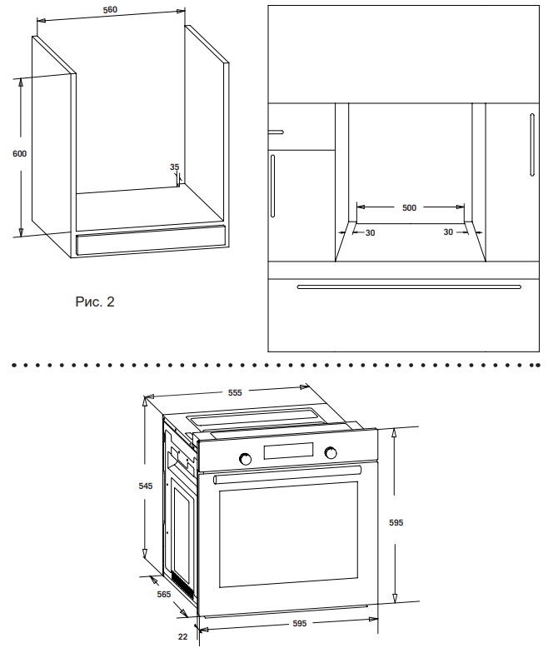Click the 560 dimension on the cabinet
110,9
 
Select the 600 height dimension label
19,154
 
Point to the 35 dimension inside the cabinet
174,167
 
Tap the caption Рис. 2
95,302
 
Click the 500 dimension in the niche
409,208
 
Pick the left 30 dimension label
370,233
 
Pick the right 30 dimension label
448,232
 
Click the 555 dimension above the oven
235,392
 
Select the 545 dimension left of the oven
146,486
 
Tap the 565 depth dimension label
164,594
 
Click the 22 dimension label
182,637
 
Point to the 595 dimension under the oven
299,623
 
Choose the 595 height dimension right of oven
396,523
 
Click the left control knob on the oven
245,459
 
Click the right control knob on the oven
331,453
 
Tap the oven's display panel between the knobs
288,451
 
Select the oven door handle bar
287,475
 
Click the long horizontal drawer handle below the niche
409,287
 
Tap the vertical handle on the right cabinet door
532,145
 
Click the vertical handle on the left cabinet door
273,186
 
